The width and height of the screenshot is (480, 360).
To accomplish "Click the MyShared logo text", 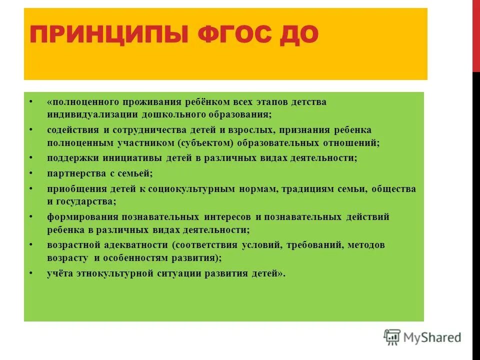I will point(432,337).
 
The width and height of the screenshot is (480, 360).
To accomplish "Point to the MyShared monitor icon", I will point(392,337).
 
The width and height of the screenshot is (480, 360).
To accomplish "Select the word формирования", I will point(75,217).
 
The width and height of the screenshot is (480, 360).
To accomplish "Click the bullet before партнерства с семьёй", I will point(31,173).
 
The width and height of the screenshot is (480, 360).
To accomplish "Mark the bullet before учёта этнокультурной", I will point(31,273).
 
